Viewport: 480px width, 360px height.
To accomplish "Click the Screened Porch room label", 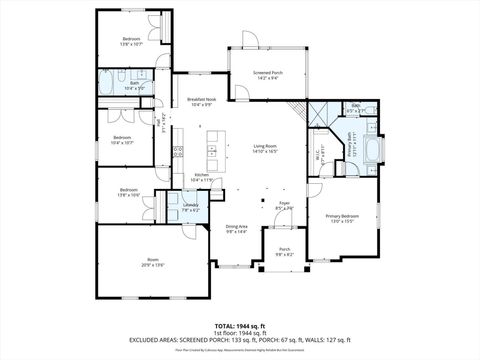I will pos(267,74).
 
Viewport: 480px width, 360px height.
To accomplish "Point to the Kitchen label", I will pos(201,177).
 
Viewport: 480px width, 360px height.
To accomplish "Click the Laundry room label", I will pos(190,207).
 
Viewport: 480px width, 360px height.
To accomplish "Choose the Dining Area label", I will pos(236,229).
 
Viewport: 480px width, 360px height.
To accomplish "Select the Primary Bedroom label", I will pos(342,218).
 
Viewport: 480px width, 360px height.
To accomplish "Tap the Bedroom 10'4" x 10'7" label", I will pos(123,140).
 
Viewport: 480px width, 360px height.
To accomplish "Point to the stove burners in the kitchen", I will pos(178,152).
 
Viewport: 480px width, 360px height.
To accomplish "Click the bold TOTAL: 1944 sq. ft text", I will pos(239,326).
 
